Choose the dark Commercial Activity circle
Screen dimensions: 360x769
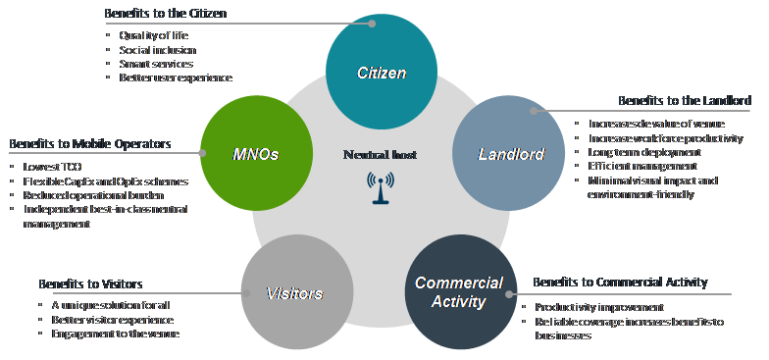458,291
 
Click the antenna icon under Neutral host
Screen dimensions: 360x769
378,186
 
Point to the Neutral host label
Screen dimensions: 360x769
379,154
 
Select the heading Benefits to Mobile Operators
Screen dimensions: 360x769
90,144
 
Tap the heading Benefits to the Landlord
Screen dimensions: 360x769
685,101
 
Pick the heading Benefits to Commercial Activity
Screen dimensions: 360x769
620,283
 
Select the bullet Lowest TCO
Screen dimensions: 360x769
51,167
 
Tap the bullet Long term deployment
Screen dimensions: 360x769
645,152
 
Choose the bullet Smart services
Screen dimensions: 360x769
156,64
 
